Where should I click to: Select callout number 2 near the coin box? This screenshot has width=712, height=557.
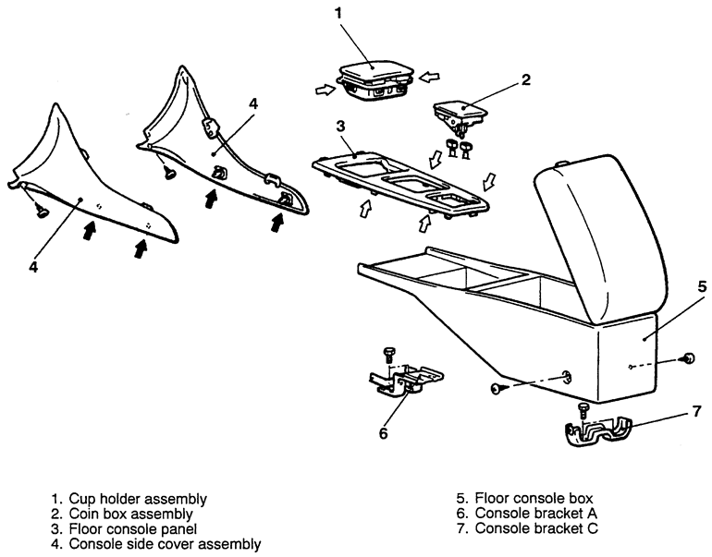(525, 79)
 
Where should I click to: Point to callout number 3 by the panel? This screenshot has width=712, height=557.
(341, 125)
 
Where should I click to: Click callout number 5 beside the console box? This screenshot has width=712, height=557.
(701, 286)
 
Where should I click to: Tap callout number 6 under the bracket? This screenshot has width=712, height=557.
(383, 431)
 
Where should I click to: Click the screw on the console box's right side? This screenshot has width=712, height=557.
(687, 357)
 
